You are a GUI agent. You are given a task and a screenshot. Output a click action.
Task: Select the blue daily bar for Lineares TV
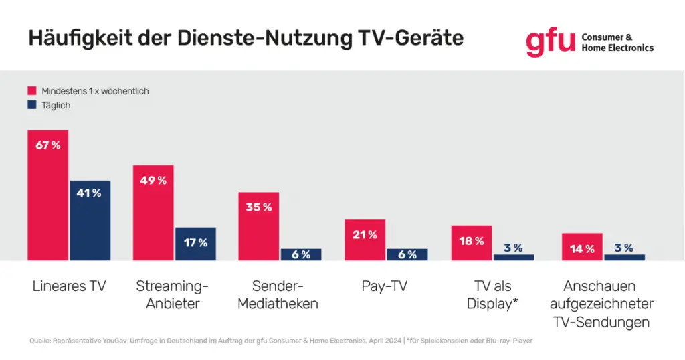pos(90,220)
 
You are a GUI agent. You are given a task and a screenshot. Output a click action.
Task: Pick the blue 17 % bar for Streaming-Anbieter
pos(195,244)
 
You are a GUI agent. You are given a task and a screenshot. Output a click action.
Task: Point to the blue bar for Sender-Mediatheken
pos(301,254)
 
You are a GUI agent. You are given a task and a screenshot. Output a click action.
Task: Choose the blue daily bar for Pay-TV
pos(407,254)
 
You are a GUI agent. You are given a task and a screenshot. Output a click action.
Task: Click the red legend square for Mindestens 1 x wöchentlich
pos(31,90)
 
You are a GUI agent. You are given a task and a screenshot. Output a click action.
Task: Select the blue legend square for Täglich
pos(31,105)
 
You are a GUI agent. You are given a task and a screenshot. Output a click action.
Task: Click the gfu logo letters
pos(550,41)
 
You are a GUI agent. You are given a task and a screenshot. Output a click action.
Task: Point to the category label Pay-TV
pos(385,286)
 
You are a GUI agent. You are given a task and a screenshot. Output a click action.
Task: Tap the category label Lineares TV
pos(69,286)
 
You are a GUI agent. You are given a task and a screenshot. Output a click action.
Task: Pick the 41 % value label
pos(90,193)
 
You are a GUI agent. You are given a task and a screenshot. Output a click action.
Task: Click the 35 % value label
pos(259,207)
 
